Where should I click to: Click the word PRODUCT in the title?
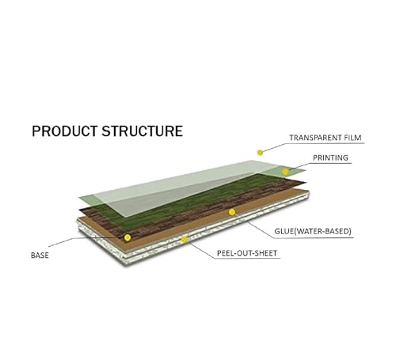[x=64, y=131]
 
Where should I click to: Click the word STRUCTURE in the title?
[x=143, y=131]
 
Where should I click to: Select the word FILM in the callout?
[x=353, y=138]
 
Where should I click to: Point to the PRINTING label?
[x=330, y=157]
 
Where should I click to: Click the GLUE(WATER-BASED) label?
[x=313, y=231]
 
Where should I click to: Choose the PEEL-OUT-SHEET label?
[x=247, y=253]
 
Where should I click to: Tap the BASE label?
[x=40, y=256]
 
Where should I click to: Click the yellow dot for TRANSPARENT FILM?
[x=261, y=153]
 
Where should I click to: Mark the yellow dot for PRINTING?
[x=285, y=172]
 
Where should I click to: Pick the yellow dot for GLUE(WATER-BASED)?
[x=232, y=212]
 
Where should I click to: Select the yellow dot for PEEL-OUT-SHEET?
[x=185, y=239]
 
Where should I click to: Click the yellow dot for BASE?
[x=128, y=237]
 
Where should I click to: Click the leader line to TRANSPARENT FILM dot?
[x=275, y=148]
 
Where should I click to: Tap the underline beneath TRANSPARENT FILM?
[x=326, y=143]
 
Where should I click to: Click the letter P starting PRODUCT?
[x=36, y=131]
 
